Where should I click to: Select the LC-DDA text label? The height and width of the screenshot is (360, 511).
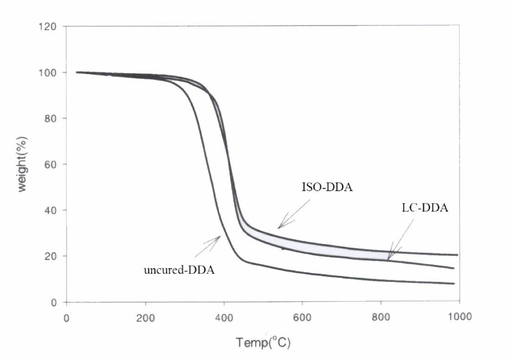coord(425,209)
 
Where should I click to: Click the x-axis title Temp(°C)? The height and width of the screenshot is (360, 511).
coord(263,343)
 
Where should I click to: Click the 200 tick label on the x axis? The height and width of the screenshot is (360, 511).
coord(146,318)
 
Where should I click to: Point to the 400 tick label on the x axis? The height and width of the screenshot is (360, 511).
coord(224,318)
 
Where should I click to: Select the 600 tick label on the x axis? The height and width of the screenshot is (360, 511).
coord(302,318)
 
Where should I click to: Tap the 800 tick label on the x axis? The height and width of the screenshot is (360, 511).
coord(381,318)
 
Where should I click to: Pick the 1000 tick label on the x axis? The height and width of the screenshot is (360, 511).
coord(458,318)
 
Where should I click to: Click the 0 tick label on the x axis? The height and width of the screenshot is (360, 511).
coord(67,318)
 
